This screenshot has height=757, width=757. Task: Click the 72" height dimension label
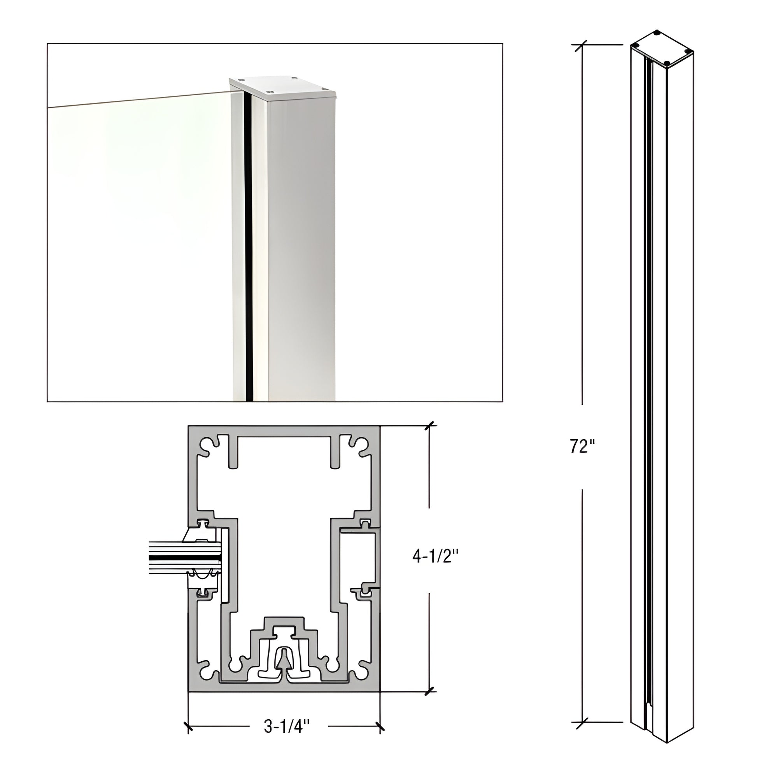click(x=582, y=446)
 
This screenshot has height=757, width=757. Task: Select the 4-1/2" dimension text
click(x=435, y=556)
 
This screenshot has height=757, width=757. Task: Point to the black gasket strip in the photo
click(x=248, y=243)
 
